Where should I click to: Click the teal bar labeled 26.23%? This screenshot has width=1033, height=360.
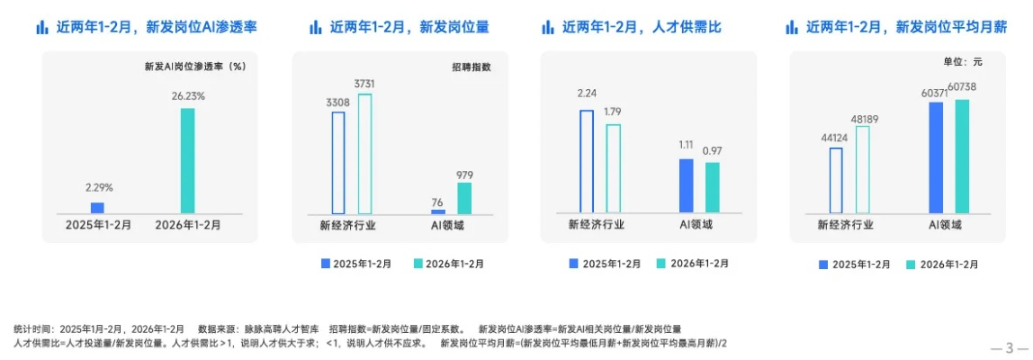coord(187,160)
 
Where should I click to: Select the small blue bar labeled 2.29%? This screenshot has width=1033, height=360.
coord(97,207)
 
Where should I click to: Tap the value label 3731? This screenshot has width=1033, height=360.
coord(364,84)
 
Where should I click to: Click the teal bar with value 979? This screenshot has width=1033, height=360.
coord(463,198)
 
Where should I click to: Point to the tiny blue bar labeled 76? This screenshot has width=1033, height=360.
coord(438,211)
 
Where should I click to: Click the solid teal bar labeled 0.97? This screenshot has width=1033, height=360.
coord(713,187)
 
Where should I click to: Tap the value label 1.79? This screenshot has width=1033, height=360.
coord(613,112)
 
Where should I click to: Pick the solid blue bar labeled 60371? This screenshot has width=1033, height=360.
coord(936,157)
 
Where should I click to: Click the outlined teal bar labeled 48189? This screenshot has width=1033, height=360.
coord(862,169)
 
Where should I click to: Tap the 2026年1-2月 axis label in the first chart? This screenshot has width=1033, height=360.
coord(186,225)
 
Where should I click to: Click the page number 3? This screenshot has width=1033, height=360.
coord(1010,348)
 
